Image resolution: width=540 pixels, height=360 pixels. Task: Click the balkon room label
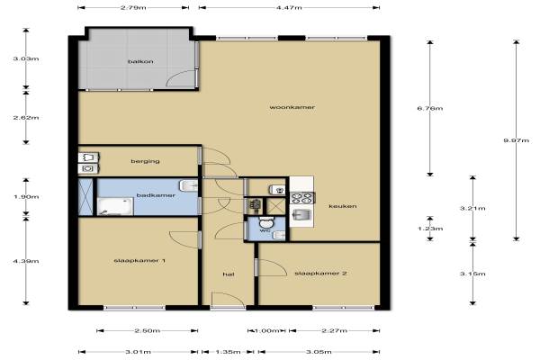point(140,62)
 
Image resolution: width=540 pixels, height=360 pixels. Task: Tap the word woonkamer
point(292,107)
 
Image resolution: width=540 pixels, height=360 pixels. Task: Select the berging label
point(145,161)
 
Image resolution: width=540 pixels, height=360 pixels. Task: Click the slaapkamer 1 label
point(139,260)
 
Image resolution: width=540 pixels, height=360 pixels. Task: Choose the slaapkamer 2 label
point(320,274)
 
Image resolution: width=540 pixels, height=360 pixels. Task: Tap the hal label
point(229,274)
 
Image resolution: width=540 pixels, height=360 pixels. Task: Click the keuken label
point(343,206)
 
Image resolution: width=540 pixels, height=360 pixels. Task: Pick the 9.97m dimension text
point(516,140)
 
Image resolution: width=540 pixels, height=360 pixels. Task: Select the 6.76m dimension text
point(430,108)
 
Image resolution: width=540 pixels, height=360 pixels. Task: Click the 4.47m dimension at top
point(289,7)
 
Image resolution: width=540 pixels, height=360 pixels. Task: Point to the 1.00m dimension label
point(266,330)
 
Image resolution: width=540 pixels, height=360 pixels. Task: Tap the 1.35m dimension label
point(228,352)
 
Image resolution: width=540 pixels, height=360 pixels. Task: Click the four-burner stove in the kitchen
point(302,198)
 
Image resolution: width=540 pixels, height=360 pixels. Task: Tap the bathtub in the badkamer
point(115,206)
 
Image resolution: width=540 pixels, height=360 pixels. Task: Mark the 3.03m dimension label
point(26,58)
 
